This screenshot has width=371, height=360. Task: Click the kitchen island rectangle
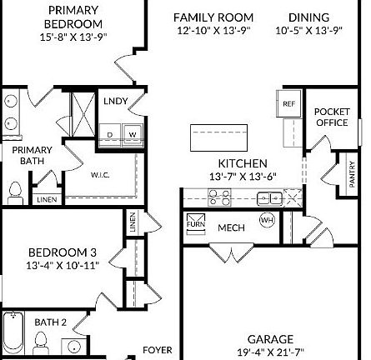click(219, 135)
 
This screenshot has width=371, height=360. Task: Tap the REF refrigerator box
click(288, 104)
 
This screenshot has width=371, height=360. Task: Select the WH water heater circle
click(267, 220)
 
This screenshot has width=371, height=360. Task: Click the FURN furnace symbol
click(195, 222)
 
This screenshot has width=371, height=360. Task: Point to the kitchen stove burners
click(219, 197)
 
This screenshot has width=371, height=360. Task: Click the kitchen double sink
click(269, 197)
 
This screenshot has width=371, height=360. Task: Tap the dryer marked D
click(111, 133)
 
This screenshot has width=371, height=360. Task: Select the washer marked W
click(132, 133)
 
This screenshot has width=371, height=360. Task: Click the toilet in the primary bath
click(15, 193)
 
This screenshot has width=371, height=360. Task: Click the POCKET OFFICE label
click(331, 117)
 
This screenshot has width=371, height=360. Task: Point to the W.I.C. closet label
click(100, 175)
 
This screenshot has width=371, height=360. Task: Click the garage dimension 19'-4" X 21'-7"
click(270, 352)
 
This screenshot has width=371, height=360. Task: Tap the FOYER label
click(158, 350)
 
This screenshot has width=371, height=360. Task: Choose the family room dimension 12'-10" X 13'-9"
click(213, 30)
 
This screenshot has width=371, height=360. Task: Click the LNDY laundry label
click(116, 102)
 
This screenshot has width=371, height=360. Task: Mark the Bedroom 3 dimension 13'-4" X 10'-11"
click(63, 265)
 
